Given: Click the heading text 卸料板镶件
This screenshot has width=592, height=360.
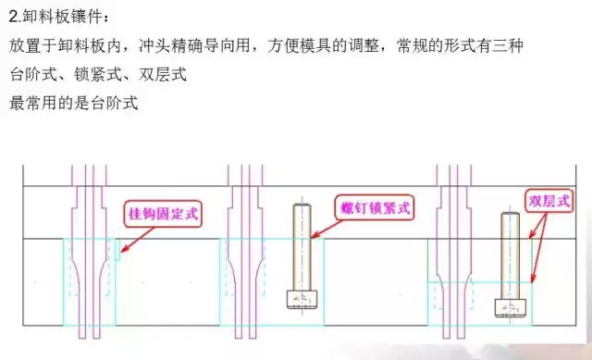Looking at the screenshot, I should click(63, 18).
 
